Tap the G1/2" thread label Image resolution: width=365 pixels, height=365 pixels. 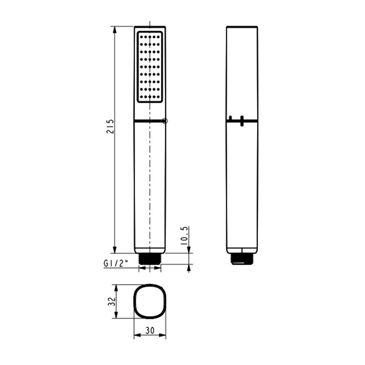pyautogui.click(x=115, y=263)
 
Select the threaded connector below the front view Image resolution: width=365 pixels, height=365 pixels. pyautogui.click(x=150, y=259)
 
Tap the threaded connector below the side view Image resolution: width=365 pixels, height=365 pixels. pyautogui.click(x=242, y=259)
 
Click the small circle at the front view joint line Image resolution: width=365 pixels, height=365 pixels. pyautogui.click(x=165, y=121)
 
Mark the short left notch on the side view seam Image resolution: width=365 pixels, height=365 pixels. pyautogui.click(x=230, y=119)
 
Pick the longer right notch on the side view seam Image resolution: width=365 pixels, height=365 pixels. pyautogui.click(x=241, y=121)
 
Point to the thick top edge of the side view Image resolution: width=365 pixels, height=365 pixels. pyautogui.click(x=242, y=27)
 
